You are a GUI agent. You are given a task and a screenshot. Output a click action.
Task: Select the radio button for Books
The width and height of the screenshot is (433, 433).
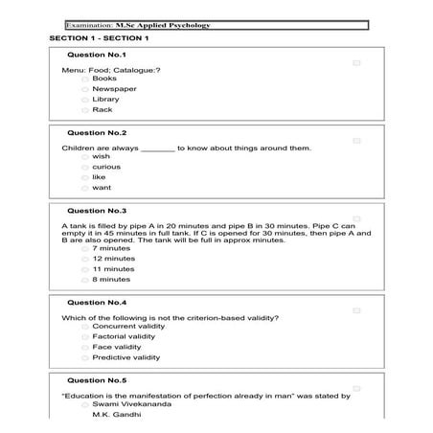click(84, 79)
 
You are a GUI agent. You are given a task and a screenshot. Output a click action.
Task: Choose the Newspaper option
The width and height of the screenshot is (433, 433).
click(84, 89)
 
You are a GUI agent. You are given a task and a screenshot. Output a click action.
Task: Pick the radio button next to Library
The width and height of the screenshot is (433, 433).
click(84, 100)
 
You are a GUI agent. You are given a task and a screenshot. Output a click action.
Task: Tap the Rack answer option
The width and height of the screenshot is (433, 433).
click(84, 110)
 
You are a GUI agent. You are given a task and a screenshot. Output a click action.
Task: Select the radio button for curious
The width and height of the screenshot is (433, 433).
click(84, 167)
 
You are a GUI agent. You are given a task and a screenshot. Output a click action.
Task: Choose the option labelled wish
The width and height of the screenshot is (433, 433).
click(84, 156)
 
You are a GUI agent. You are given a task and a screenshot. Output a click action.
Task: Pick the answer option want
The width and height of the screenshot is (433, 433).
click(84, 188)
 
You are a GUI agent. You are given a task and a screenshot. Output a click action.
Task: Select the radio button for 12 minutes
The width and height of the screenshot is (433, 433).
click(84, 259)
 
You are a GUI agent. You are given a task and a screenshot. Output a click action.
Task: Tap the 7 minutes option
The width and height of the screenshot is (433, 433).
click(84, 248)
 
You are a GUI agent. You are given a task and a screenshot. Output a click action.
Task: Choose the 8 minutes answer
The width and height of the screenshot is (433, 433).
click(84, 280)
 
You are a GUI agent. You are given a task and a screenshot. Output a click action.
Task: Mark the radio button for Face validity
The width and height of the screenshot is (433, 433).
click(84, 347)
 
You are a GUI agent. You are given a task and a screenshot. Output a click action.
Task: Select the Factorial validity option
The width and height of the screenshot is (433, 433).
click(84, 336)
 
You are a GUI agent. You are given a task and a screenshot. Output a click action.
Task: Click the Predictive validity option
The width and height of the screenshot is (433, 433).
click(84, 357)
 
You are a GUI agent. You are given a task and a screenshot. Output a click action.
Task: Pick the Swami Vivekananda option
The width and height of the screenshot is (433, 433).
click(84, 404)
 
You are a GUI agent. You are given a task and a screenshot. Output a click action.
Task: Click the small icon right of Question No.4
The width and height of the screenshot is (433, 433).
click(356, 310)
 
